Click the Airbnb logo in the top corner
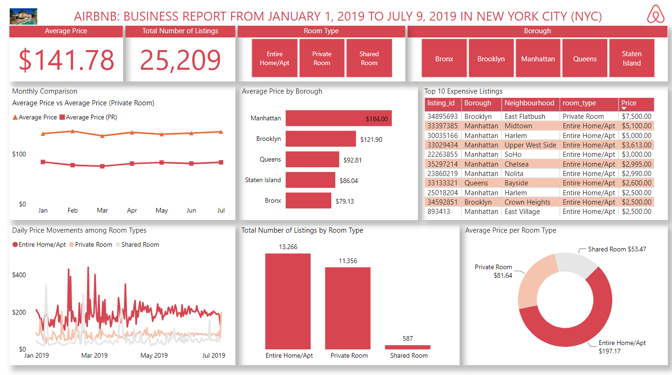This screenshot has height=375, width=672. (x=656, y=15)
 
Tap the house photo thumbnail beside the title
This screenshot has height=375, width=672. (x=23, y=16)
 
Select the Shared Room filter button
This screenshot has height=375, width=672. (x=369, y=59)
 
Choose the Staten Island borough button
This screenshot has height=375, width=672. (x=631, y=59)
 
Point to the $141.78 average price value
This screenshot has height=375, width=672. (x=66, y=60)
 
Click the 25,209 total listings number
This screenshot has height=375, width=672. (x=180, y=60)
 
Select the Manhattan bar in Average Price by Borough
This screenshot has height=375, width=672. (x=338, y=118)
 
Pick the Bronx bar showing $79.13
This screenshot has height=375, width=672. (x=308, y=200)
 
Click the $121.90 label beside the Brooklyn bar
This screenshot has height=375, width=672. (x=371, y=140)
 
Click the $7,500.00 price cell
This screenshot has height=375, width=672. (x=636, y=117)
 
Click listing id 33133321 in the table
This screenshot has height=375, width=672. (x=442, y=183)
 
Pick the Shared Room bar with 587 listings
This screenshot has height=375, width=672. (x=407, y=347)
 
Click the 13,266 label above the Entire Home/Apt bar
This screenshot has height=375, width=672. (x=288, y=247)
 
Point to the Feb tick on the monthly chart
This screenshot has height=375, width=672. (x=73, y=211)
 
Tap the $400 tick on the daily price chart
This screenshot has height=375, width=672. (x=19, y=275)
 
